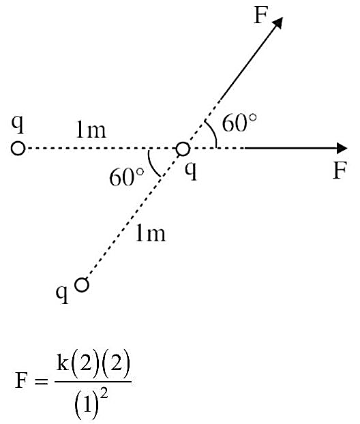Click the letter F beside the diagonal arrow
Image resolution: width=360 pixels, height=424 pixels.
click(261, 15)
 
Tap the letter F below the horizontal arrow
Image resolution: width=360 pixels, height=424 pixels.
click(339, 170)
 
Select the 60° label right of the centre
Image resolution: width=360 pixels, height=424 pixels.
click(239, 123)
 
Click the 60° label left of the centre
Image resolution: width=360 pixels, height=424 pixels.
click(126, 177)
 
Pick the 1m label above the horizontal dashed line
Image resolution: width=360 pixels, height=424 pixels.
click(91, 130)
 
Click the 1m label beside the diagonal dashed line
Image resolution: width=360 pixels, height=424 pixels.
click(151, 233)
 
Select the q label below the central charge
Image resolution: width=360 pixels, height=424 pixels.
click(191, 171)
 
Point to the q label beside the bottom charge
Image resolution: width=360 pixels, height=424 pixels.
click(62, 294)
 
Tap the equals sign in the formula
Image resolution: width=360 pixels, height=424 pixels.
click(41, 381)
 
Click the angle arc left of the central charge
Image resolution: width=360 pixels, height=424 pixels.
click(152, 166)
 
